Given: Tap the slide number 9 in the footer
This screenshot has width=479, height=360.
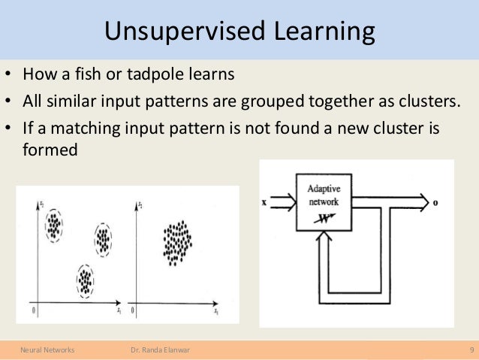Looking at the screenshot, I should [469, 349].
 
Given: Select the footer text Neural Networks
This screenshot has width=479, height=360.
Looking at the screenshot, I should [42, 349].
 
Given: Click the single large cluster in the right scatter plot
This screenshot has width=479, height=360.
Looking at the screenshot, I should [177, 242].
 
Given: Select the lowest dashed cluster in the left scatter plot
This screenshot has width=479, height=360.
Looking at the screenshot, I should [86, 280].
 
